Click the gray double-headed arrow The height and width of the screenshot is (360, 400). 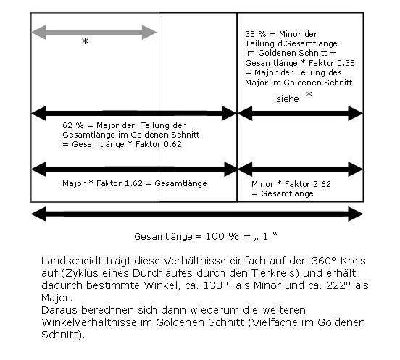tap(94, 33)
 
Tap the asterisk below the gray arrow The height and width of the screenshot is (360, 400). tap(85, 41)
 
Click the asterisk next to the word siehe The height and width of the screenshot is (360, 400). tap(309, 94)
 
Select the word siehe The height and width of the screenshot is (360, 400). tap(288, 99)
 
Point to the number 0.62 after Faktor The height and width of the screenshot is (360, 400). tap(172, 144)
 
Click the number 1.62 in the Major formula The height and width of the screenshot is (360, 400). tap(133, 183)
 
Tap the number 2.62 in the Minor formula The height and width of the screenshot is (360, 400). tap(322, 184)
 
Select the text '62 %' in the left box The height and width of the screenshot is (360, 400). tap(73, 125)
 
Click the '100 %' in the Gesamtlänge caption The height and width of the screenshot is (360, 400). tap(222, 236)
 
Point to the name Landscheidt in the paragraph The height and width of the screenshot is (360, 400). tap(72, 261)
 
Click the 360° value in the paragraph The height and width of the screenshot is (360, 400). tap(323, 261)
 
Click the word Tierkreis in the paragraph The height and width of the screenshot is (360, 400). tap(275, 273)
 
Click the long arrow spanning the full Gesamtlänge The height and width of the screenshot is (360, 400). tap(197, 214)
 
